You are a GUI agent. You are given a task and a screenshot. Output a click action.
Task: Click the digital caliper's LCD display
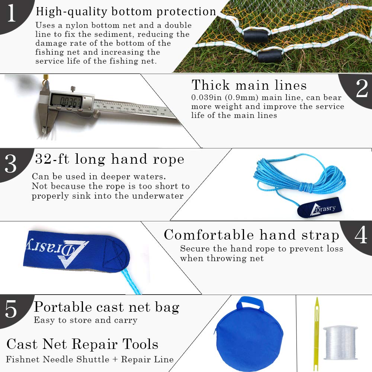coord(67,100)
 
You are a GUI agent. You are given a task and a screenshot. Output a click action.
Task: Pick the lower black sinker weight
coord(269,56)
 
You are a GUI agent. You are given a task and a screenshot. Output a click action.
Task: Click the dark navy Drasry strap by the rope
coord(320,207)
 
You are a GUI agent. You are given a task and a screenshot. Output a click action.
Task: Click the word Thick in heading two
coord(211,85)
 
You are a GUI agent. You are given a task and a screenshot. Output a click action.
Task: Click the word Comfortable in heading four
coord(209,235)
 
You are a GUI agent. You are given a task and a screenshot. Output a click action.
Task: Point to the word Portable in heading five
coord(62,307)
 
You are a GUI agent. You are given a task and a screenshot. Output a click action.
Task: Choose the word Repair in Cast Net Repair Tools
coord(94,344)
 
